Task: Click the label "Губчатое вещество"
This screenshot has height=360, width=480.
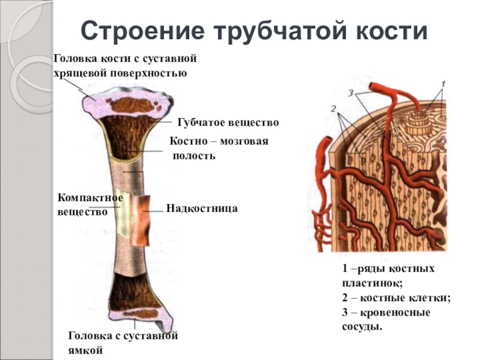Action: [x=228, y=122]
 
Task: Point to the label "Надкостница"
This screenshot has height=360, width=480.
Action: [x=202, y=209]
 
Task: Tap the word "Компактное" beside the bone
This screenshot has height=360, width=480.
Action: [x=90, y=198]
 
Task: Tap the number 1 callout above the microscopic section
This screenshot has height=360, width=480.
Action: [x=443, y=83]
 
